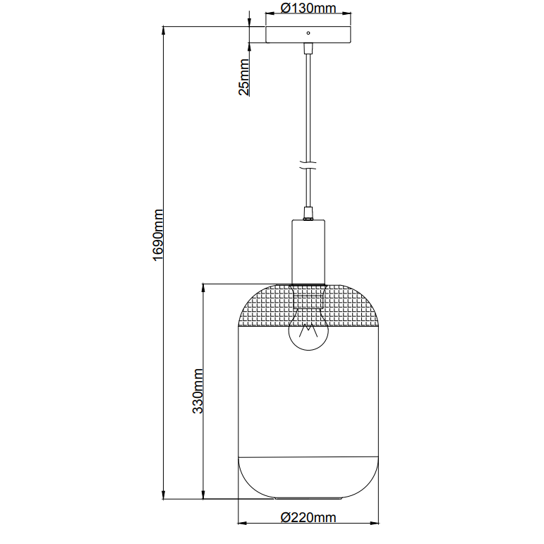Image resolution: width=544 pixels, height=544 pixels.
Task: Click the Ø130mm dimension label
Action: pyautogui.click(x=308, y=8)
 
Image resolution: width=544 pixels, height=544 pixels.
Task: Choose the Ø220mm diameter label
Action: pyautogui.click(x=308, y=517)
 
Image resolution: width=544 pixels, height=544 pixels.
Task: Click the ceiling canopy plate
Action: pyautogui.click(x=308, y=35)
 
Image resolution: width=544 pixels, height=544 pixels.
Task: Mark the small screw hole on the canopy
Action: pyautogui.click(x=308, y=32)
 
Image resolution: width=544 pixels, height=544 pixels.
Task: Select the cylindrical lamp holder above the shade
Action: pyautogui.click(x=308, y=250)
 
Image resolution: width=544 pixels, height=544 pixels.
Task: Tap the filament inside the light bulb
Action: pyautogui.click(x=308, y=331)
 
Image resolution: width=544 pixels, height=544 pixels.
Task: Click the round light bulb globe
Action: pyautogui.click(x=308, y=332)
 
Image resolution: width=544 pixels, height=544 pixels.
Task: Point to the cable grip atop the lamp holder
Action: pyautogui.click(x=308, y=213)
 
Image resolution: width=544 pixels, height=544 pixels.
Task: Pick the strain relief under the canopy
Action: pyautogui.click(x=308, y=49)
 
